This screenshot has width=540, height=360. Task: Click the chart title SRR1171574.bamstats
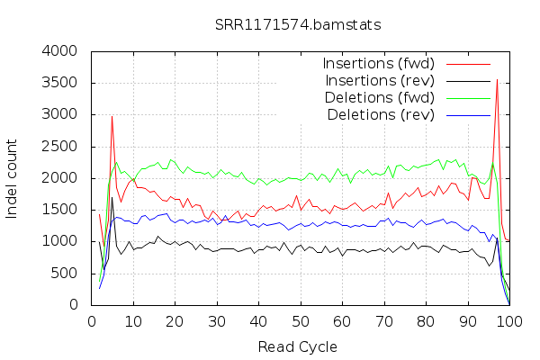click(x=298, y=23)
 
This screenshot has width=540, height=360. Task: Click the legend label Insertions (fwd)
click(x=378, y=64)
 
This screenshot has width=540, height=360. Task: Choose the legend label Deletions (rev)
click(x=382, y=115)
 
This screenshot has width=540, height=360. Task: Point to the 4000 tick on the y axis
click(x=60, y=51)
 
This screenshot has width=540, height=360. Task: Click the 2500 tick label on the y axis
click(x=60, y=115)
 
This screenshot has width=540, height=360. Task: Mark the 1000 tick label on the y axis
click(x=60, y=241)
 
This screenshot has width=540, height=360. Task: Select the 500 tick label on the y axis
click(x=65, y=274)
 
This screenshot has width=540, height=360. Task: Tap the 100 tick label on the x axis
click(x=509, y=320)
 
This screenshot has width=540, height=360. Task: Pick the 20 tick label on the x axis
click(x=175, y=320)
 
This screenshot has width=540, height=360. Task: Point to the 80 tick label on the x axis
click(x=426, y=320)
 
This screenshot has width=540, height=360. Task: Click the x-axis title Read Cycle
click(x=298, y=346)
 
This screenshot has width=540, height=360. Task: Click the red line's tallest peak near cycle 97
click(x=497, y=80)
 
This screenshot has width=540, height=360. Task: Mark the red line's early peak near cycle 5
click(x=112, y=116)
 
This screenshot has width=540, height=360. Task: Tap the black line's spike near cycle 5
click(x=112, y=198)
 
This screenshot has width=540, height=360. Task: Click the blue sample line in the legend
click(x=466, y=115)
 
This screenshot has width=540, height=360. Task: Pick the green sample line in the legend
click(x=466, y=98)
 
